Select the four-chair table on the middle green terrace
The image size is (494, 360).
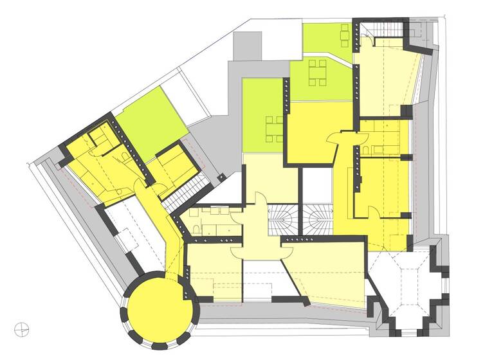pyautogui.click(x=318, y=73)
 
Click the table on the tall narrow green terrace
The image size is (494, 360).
pyautogui.click(x=274, y=128)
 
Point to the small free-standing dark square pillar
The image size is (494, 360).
pyautogui.click(x=221, y=175)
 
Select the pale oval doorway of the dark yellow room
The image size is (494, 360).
pyautogui.click(x=336, y=137)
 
